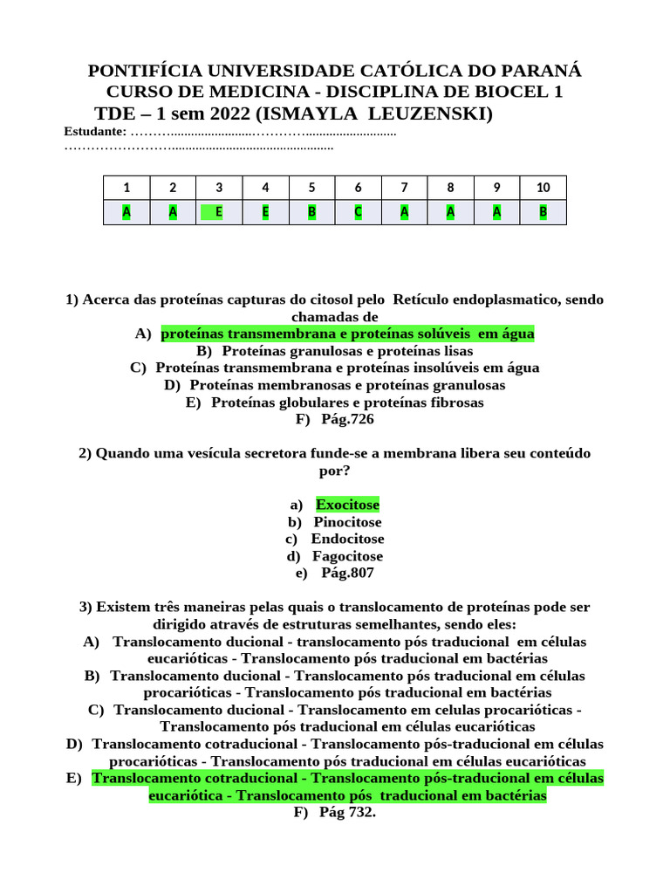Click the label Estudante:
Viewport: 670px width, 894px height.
[x=94, y=132]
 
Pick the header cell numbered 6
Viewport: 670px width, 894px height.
[x=358, y=188]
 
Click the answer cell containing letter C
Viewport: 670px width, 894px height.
[x=358, y=212]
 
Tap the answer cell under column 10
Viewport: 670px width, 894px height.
[x=543, y=212]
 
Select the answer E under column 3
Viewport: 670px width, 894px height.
[x=219, y=212]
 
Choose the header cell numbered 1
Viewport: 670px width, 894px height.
[x=126, y=188]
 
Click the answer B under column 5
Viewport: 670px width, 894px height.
[x=311, y=212]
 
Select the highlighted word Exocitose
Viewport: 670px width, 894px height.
[x=347, y=505]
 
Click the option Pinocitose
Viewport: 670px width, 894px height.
[x=347, y=522]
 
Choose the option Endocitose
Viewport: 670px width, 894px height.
[x=347, y=539]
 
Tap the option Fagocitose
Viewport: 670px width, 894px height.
[x=347, y=556]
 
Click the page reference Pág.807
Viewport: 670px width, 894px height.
[x=346, y=573]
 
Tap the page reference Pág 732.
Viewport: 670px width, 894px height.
[x=346, y=813]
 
